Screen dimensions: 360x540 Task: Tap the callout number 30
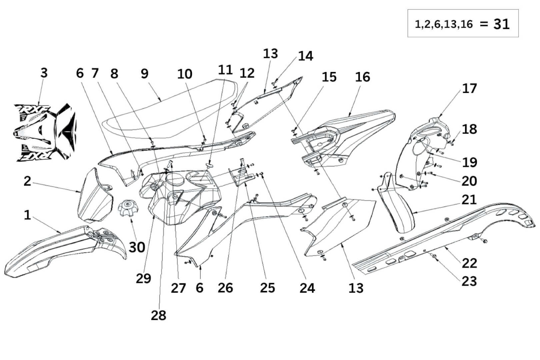click(137, 247)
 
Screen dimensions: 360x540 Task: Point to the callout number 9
click(144, 73)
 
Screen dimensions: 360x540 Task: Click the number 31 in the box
click(501, 24)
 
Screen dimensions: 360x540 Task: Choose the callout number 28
click(158, 315)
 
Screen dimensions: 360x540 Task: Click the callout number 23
click(469, 281)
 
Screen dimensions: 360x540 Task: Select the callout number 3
click(44, 73)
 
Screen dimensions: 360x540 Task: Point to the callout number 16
click(362, 77)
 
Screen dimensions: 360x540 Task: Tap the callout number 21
click(469, 200)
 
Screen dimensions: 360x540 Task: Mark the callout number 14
click(305, 56)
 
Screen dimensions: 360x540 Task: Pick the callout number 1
click(27, 215)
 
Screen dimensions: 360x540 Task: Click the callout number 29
click(143, 278)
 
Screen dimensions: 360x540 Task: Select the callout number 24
click(307, 288)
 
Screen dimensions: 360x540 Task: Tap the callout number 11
click(225, 70)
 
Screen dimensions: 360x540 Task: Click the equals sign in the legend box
click(484, 24)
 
